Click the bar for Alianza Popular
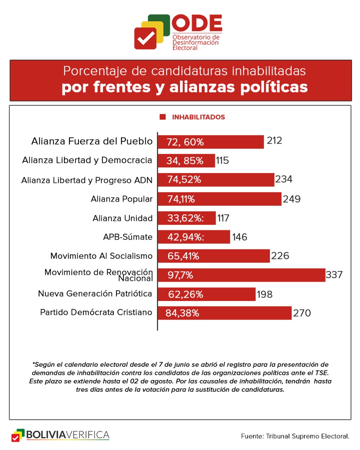(x=219, y=199)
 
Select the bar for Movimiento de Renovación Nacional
(x=241, y=275)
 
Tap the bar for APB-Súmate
(x=194, y=237)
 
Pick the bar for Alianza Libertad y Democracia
(x=186, y=161)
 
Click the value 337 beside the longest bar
(x=334, y=275)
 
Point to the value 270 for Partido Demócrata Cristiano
(x=302, y=313)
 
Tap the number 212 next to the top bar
(x=274, y=141)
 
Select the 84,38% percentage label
(x=182, y=313)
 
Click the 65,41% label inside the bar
(x=183, y=256)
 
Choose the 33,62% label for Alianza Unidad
(x=185, y=218)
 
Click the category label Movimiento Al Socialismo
(x=101, y=256)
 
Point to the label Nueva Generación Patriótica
(x=95, y=294)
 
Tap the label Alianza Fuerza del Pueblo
(x=92, y=141)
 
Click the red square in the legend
(x=163, y=117)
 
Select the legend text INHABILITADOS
(x=198, y=117)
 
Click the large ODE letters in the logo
(x=197, y=24)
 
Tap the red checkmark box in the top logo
(x=145, y=38)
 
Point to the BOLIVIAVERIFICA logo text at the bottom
(x=67, y=435)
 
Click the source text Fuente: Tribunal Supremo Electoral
(x=295, y=436)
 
